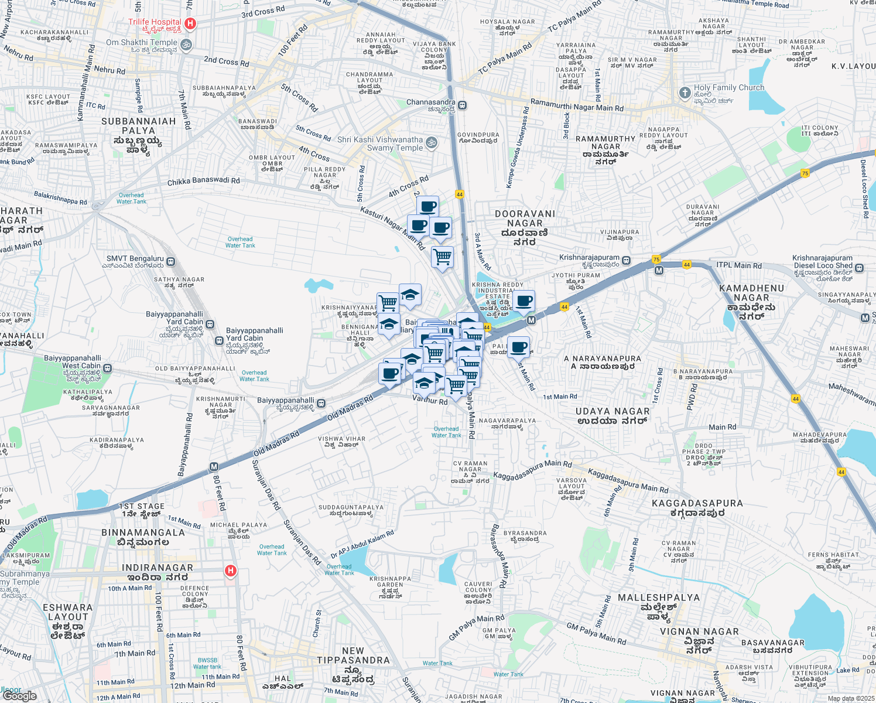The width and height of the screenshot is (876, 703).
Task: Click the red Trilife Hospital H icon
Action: pyautogui.click(x=190, y=23)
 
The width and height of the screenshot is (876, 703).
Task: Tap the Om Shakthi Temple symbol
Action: pyautogui.click(x=186, y=45)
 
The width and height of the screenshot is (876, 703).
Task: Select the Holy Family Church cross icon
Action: pyautogui.click(x=685, y=93)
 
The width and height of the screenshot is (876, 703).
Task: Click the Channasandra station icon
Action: pyautogui.click(x=463, y=105)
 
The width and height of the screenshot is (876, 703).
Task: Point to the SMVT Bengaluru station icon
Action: pyautogui.click(x=170, y=261)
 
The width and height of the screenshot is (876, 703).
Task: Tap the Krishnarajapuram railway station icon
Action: pyautogui.click(x=626, y=260)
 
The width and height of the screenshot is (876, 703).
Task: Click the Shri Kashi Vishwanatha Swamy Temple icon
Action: pyautogui.click(x=431, y=142)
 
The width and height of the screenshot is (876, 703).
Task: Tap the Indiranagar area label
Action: pyautogui.click(x=157, y=568)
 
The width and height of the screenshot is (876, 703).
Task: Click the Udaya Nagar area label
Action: pyautogui.click(x=612, y=411)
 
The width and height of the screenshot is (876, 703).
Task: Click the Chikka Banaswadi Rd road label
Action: pyautogui.click(x=203, y=182)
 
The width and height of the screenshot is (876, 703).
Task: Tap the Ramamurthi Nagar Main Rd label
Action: pyautogui.click(x=577, y=105)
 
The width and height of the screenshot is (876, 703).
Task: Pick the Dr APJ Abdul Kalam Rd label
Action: pyautogui.click(x=362, y=545)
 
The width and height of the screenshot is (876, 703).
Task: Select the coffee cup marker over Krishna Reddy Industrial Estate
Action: pyautogui.click(x=523, y=301)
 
